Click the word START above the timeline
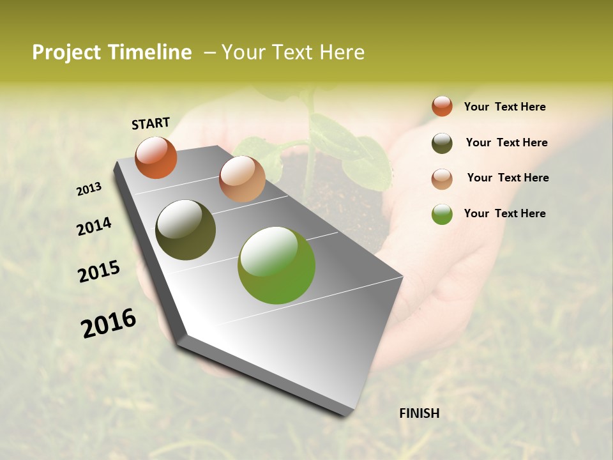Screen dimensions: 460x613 [x=151, y=123]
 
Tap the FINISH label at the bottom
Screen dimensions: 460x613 [x=419, y=413]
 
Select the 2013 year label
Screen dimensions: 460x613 [x=89, y=188]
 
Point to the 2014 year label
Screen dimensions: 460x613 [x=95, y=226]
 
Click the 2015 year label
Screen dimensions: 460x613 [x=99, y=271]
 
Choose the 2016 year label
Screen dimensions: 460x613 [x=109, y=323]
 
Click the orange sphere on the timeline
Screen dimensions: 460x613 [x=156, y=157]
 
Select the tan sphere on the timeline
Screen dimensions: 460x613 [x=242, y=179]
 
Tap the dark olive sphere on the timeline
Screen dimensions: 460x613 [x=185, y=230]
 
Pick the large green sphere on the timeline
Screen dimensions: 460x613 [x=276, y=265]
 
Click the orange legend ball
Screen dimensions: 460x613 [x=442, y=106]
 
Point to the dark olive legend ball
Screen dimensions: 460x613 [x=442, y=143]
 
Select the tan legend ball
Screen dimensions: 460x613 [x=442, y=179]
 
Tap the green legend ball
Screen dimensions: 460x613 [x=442, y=214]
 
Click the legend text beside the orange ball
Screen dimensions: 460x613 [x=504, y=107]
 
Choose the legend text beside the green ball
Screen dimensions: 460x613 [x=504, y=213]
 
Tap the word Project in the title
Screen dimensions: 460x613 [x=66, y=52]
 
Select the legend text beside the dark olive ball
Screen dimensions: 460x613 [x=506, y=142]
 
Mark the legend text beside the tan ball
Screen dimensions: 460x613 [x=508, y=178]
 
